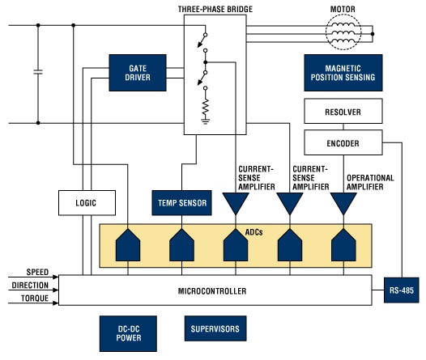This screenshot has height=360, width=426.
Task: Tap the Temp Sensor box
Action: [181, 203]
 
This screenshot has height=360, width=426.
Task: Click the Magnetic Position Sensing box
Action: [342, 73]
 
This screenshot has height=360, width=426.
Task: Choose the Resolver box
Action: [342, 112]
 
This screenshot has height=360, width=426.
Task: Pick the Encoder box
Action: [342, 144]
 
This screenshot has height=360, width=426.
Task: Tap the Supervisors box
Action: [214, 330]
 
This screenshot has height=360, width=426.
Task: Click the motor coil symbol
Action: [347, 34]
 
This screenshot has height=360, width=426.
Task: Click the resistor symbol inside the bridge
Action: [206, 105]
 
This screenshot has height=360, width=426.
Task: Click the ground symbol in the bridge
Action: [206, 121]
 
